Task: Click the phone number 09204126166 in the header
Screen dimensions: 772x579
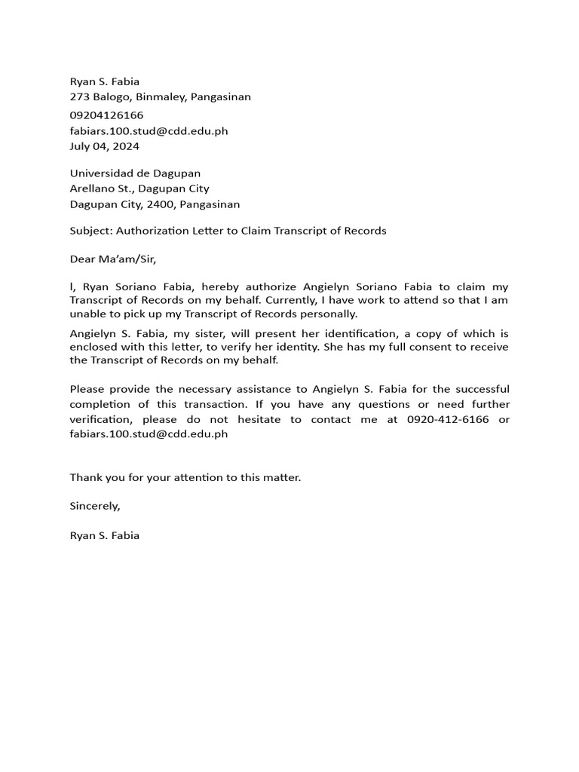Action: (x=106, y=115)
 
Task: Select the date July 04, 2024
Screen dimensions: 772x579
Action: (x=104, y=146)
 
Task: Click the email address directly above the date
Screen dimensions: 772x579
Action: (x=149, y=131)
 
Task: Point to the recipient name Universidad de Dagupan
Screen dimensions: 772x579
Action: (x=135, y=173)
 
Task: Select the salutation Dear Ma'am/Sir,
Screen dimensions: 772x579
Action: (x=112, y=259)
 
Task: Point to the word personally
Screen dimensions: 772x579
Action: (x=330, y=314)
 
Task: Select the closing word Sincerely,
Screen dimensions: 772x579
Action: (x=95, y=506)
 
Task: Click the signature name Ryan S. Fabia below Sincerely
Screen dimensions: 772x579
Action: (x=104, y=535)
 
